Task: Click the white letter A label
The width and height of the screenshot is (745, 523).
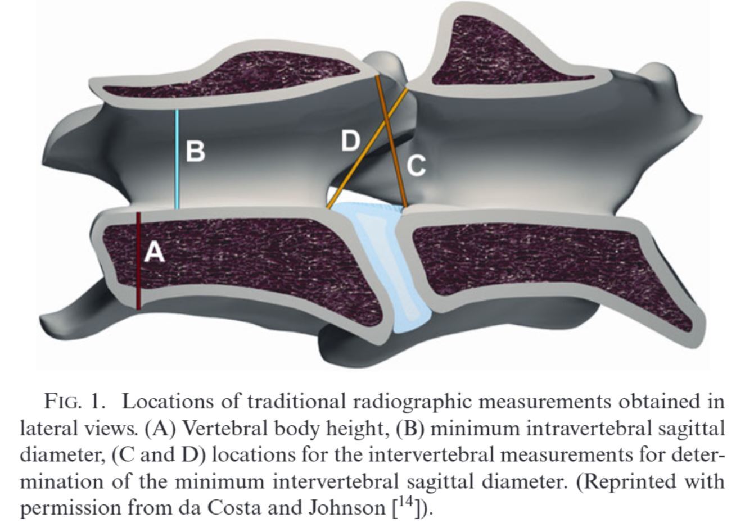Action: (154, 252)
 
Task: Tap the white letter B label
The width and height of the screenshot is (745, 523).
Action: (195, 152)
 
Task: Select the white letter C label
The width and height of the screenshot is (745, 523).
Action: (416, 166)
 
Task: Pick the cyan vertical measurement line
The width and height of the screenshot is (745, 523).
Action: (178, 160)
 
